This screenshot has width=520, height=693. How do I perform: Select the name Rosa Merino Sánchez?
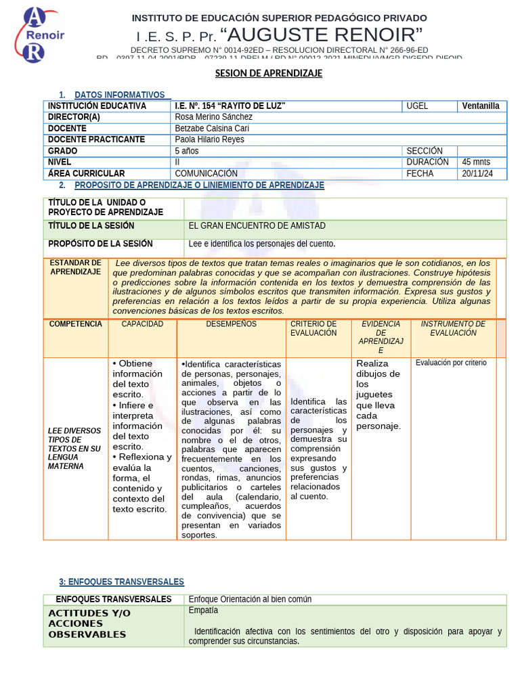pos(213,117)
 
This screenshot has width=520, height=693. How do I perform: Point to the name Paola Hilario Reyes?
pos(209,139)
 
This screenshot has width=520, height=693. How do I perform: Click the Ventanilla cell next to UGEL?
pos(481,106)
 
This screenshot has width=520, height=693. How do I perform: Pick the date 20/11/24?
pos(477,174)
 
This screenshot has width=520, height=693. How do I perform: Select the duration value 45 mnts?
pos(476,162)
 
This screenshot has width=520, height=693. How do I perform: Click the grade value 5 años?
pos(187,151)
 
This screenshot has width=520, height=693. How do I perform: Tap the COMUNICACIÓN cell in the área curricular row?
pos(206,174)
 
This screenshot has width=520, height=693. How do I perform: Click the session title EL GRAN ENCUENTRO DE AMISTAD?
pos(257,225)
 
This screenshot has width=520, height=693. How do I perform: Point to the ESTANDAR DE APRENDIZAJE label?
pos(76,267)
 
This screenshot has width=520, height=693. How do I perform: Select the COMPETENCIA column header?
pos(76,324)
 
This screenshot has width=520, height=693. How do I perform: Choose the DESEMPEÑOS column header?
pos(231,324)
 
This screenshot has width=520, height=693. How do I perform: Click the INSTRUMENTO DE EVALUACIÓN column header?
pos(453,328)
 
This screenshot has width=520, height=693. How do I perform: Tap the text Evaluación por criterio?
pos(451,363)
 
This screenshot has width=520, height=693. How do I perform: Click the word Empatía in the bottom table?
pos(203,610)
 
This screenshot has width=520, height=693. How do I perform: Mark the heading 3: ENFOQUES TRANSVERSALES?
pos(121,582)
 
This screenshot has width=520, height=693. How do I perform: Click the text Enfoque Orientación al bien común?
pos(250,600)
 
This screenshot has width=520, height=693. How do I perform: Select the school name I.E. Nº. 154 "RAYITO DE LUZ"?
pos(230,106)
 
